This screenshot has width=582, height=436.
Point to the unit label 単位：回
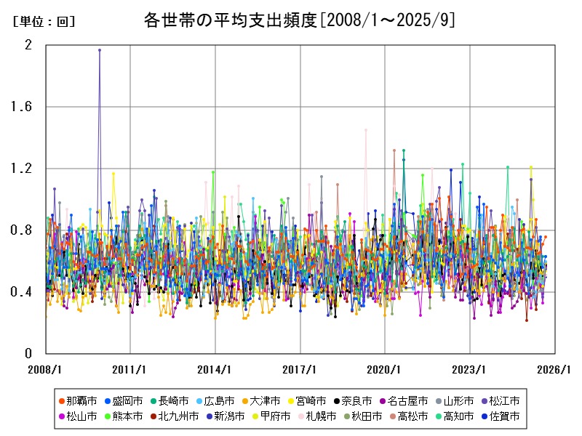click(44, 22)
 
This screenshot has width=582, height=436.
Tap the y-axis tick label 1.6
click(24, 107)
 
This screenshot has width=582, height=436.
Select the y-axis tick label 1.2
click(24, 169)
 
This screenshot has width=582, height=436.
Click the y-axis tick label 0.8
click(24, 230)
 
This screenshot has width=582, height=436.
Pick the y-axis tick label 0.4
click(24, 292)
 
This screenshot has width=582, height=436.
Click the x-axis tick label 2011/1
click(131, 368)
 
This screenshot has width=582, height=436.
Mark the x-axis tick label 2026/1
click(555, 368)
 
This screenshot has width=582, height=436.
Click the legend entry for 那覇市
click(76, 400)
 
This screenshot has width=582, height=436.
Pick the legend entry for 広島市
click(214, 400)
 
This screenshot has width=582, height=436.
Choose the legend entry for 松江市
click(499, 400)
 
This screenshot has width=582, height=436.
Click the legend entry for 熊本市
click(121, 417)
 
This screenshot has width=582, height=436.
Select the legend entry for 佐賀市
click(499, 417)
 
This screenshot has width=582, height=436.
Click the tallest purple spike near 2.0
click(100, 50)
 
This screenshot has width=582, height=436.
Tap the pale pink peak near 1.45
click(366, 130)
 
